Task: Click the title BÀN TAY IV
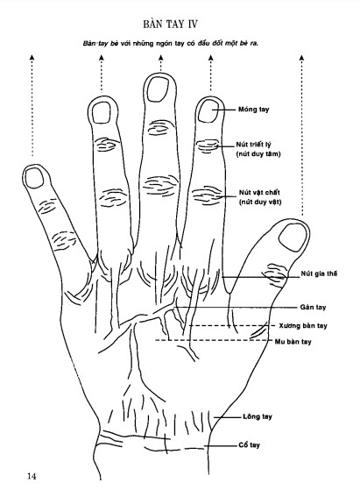pyautogui.click(x=171, y=24)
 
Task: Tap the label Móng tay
pyautogui.click(x=253, y=110)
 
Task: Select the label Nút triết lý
pyautogui.click(x=253, y=145)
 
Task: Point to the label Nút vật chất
pyautogui.click(x=259, y=192)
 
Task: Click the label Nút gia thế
pyautogui.click(x=319, y=273)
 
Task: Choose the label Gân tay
pyautogui.click(x=313, y=307)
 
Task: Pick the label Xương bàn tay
pyautogui.click(x=303, y=325)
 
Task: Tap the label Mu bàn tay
pyautogui.click(x=293, y=342)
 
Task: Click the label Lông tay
pyautogui.click(x=258, y=416)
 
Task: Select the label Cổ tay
pyautogui.click(x=249, y=445)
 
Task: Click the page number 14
pyautogui.click(x=32, y=476)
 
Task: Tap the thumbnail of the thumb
pyautogui.click(x=293, y=238)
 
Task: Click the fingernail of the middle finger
pyautogui.click(x=158, y=89)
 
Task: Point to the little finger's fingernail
pyautogui.click(x=34, y=178)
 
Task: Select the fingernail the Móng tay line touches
pyautogui.click(x=208, y=111)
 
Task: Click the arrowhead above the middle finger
pyautogui.click(x=160, y=58)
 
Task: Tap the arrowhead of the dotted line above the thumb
pyautogui.click(x=301, y=58)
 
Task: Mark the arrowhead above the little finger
pyautogui.click(x=32, y=58)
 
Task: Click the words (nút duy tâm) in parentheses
pyautogui.click(x=258, y=153)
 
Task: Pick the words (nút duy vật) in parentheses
pyautogui.click(x=260, y=202)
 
